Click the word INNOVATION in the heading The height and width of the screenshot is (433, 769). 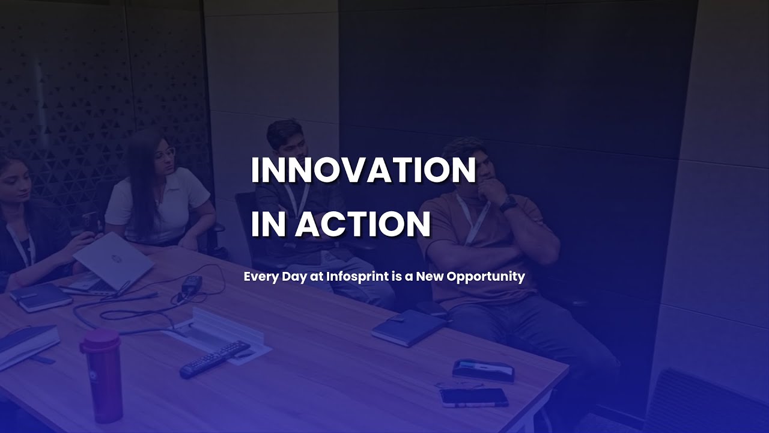(363, 170)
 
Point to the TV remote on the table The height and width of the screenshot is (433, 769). (214, 359)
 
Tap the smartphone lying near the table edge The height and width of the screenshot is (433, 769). (473, 397)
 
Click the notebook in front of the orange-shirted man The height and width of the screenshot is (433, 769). (408, 328)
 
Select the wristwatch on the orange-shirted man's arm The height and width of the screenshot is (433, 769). (508, 204)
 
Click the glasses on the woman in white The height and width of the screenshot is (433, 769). (165, 153)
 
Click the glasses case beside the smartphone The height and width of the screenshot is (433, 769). (484, 369)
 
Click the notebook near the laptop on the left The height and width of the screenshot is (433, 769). (41, 297)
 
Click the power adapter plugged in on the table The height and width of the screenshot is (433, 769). (192, 284)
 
